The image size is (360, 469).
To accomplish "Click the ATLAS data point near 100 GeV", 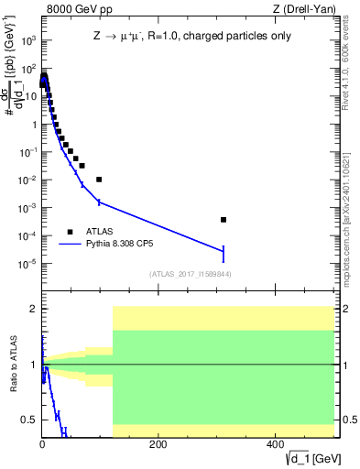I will (x=99, y=180).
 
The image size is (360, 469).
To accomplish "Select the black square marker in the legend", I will (x=70, y=232).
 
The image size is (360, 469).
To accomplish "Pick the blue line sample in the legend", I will (x=70, y=245).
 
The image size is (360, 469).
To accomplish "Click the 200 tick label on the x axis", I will (x=158, y=444).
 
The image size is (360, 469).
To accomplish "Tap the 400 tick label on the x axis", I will (x=274, y=444).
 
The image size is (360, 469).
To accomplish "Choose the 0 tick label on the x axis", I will (x=42, y=444).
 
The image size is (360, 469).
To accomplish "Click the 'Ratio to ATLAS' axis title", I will (x=12, y=365).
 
